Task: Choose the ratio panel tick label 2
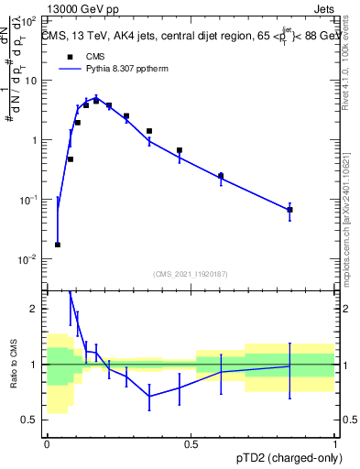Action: pyautogui.click(x=35, y=310)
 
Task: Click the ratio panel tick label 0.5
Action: pyautogui.click(x=31, y=420)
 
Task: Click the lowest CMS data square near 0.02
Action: pyautogui.click(x=58, y=245)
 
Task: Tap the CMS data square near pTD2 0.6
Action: pyautogui.click(x=221, y=176)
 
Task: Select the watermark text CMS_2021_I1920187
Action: pyautogui.click(x=191, y=274)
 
